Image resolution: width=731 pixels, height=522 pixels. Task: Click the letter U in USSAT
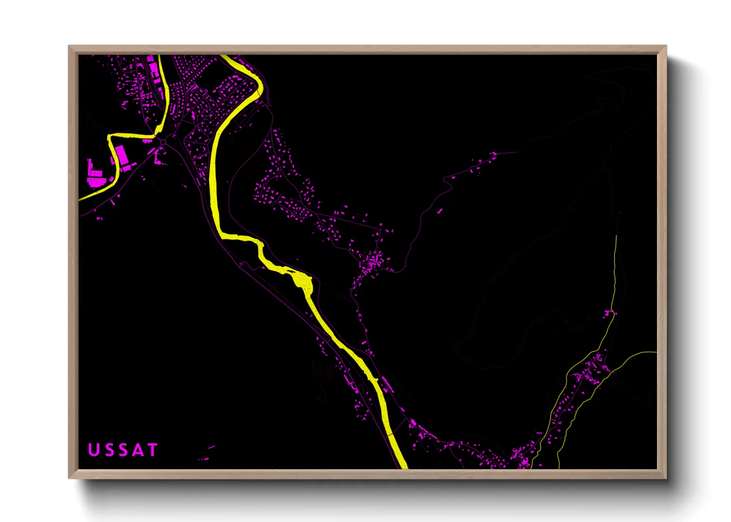93,450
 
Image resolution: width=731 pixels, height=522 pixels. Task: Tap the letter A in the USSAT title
138,450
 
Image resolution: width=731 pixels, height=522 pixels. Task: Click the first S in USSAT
108,450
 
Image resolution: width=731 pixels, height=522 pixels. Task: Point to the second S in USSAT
123,450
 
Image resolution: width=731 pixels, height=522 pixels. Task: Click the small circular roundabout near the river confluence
163,143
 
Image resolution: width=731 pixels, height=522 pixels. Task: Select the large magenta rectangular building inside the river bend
121,155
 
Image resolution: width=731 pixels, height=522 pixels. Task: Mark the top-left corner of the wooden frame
69,46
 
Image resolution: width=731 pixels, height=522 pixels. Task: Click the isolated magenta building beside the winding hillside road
439,211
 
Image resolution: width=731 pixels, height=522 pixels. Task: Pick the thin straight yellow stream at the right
615,266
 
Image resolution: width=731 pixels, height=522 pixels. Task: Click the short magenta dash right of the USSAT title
211,447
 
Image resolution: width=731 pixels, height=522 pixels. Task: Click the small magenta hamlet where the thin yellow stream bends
610,313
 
